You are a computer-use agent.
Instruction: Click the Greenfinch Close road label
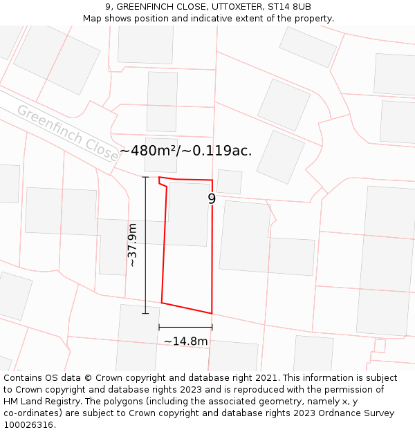(68, 133)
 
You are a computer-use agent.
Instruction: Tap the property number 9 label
(212, 199)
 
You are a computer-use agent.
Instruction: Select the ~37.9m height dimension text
(132, 245)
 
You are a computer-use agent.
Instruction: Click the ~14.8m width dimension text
(185, 341)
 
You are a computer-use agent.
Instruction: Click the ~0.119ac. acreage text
(216, 151)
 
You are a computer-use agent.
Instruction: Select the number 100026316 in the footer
(29, 424)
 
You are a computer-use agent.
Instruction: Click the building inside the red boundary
(188, 214)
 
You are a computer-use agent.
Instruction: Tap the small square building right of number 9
(229, 182)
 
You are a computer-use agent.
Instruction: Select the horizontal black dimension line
(185, 327)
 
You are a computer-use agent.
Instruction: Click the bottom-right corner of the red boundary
(211, 313)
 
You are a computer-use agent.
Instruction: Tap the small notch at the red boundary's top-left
(161, 182)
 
